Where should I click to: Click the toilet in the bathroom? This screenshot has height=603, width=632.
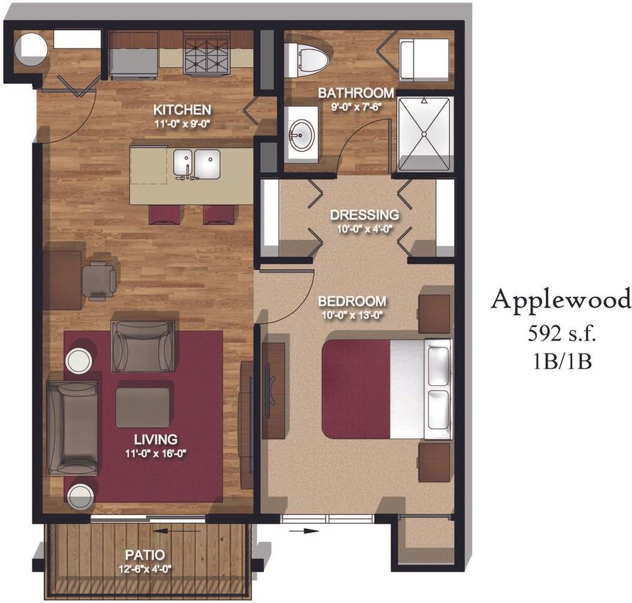click(x=306, y=60)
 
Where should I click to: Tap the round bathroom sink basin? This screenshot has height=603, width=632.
click(x=302, y=136)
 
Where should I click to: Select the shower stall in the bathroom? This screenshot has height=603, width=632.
click(x=424, y=133)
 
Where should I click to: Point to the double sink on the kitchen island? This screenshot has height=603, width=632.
click(x=197, y=164)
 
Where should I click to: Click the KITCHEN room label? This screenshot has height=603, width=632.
click(x=182, y=109)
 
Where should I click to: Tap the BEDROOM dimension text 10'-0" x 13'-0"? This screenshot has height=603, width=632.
click(x=352, y=315)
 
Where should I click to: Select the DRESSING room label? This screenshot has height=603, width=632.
click(x=364, y=215)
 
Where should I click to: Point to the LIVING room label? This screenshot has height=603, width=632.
click(x=155, y=439)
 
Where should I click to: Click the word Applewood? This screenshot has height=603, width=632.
click(x=561, y=300)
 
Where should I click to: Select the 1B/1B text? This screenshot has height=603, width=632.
click(x=562, y=361)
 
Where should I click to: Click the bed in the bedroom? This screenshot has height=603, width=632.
click(x=387, y=389)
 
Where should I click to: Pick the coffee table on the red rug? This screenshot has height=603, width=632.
click(x=143, y=407)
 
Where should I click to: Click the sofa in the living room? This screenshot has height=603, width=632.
click(x=72, y=427)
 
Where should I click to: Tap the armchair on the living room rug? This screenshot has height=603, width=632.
click(x=143, y=345)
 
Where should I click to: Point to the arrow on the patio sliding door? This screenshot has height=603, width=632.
click(x=177, y=531)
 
